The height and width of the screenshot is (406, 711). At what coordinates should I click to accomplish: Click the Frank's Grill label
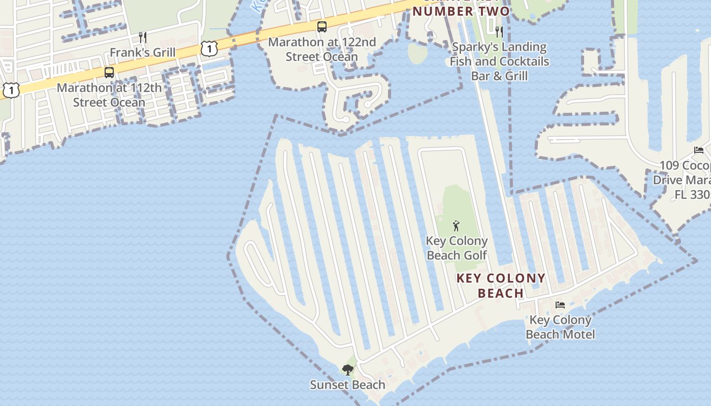pos(143,52)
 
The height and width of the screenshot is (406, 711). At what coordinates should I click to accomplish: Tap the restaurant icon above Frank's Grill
pos(143,37)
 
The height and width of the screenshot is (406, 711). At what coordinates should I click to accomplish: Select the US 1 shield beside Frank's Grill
pos(209,49)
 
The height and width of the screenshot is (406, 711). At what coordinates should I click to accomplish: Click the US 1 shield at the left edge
pos(11,90)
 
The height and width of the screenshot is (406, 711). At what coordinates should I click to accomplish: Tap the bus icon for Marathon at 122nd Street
pos(322,27)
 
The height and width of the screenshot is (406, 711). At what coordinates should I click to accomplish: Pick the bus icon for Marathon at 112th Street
pos(109,72)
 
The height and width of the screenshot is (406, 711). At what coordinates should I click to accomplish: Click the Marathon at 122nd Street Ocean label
pos(322,49)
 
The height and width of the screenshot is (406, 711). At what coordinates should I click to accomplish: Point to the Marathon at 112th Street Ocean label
pos(109,95)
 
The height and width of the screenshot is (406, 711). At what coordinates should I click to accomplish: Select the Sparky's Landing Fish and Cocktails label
pos(499,61)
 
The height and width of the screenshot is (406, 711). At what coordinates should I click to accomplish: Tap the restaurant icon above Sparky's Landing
pos(499,32)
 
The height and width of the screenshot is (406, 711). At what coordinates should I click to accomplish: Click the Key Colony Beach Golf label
pos(457,248)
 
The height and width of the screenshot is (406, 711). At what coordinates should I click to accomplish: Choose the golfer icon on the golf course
pos(456,226)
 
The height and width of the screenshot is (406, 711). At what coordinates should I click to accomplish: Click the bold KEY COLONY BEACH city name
pos(501,285)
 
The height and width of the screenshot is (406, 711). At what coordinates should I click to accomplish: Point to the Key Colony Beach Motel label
pos(560,327)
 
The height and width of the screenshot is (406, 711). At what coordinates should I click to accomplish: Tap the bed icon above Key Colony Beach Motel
pos(560,305)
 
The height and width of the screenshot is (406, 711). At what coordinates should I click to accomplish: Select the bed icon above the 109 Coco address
pos(699,150)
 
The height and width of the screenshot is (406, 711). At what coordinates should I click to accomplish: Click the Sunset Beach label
pos(348,385)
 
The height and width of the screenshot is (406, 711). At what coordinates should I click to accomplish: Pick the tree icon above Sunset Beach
pos(348,369)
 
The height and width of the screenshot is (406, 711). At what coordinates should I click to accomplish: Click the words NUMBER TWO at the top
pos(461,11)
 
